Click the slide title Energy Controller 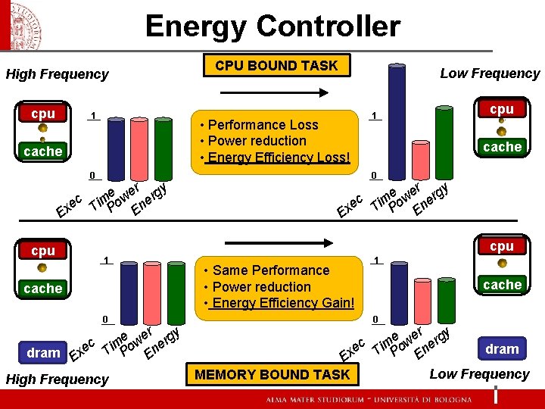click(x=272, y=27)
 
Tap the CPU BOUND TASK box click(x=276, y=65)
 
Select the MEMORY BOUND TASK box click(x=272, y=374)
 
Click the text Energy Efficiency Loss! click(x=279, y=158)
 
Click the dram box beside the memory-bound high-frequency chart click(x=43, y=353)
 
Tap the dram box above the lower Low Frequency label click(x=502, y=348)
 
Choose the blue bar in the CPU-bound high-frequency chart click(x=117, y=148)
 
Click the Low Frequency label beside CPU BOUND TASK click(x=490, y=73)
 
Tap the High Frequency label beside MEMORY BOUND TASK click(x=57, y=379)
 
